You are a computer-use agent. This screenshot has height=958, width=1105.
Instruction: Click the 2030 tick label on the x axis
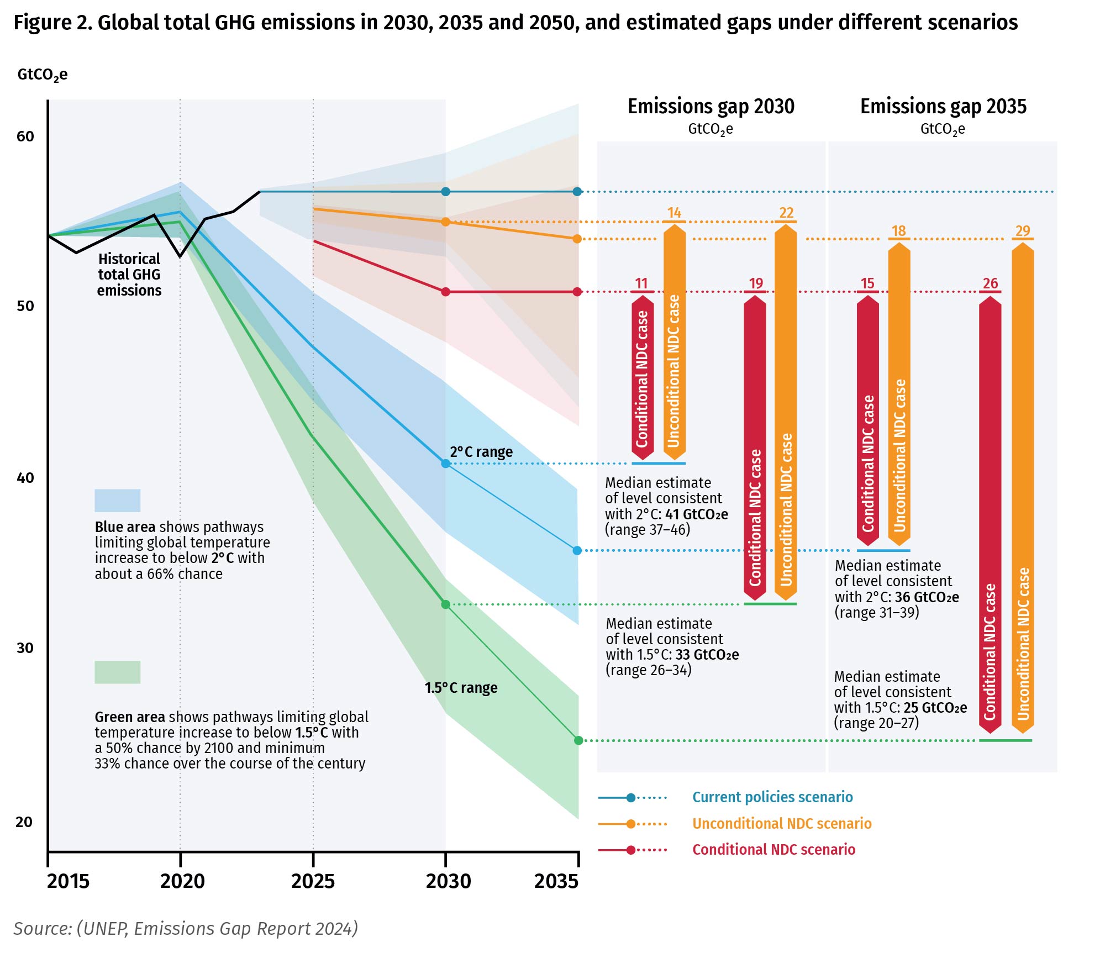click(x=448, y=881)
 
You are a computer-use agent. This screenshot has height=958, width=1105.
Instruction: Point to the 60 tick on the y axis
click(x=25, y=136)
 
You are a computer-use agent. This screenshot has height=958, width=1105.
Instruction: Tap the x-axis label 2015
click(x=68, y=881)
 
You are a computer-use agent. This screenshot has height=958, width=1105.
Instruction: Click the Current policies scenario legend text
click(x=772, y=797)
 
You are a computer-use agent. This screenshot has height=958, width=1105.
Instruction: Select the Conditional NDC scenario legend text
click(x=773, y=850)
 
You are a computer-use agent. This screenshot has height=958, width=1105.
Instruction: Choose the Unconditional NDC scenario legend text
click(x=781, y=824)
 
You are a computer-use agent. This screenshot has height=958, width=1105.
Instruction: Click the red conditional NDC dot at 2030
click(x=446, y=292)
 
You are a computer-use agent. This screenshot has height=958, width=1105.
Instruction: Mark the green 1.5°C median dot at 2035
click(x=578, y=740)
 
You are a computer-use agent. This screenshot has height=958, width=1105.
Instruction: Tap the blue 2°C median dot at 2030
click(x=446, y=464)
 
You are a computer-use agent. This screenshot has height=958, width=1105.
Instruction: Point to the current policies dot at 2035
click(x=577, y=192)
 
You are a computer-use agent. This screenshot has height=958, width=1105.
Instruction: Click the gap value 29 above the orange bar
click(x=1022, y=231)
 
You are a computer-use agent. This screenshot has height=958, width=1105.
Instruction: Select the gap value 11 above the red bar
click(x=641, y=283)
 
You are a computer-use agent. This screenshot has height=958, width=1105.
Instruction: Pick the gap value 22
click(x=786, y=213)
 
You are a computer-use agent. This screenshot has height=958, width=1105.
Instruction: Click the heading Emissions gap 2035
click(x=943, y=106)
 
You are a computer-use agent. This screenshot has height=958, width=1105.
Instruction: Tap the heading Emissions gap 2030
click(x=711, y=106)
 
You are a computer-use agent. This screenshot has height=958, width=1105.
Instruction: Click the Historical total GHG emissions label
click(x=129, y=275)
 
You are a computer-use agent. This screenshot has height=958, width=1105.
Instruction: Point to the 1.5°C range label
click(x=461, y=688)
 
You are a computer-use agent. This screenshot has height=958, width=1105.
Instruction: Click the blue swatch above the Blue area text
click(x=117, y=501)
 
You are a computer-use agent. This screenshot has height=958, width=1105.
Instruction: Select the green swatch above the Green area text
click(x=117, y=672)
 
